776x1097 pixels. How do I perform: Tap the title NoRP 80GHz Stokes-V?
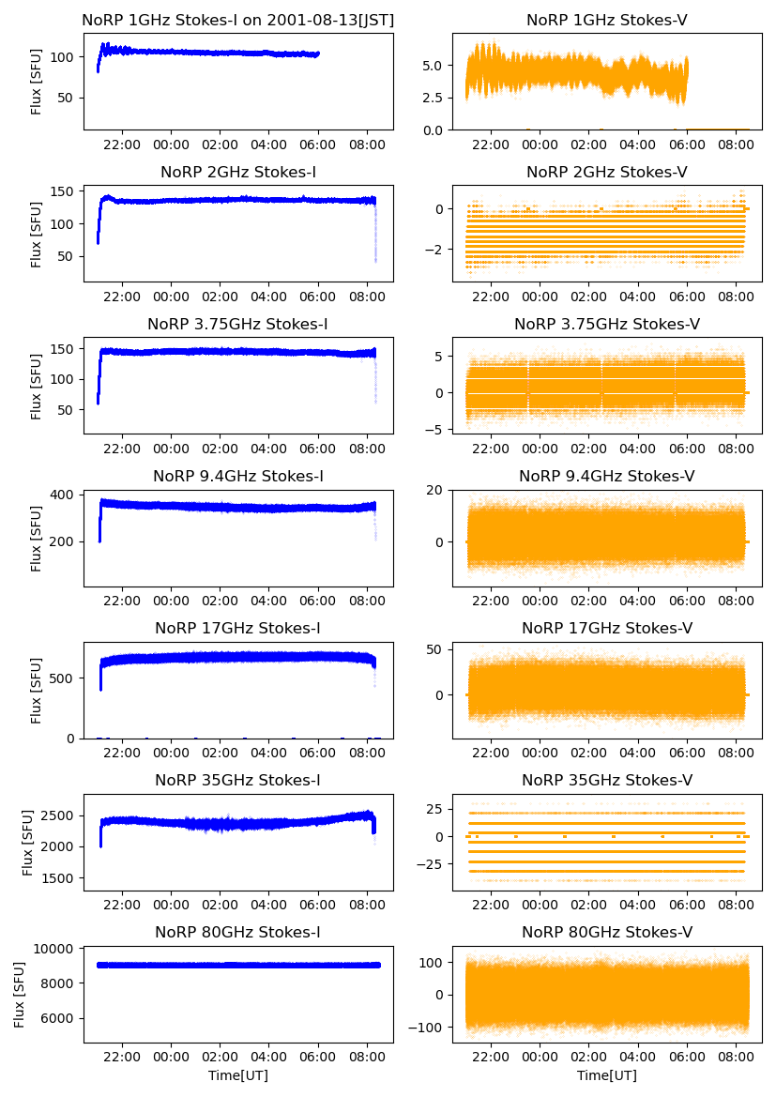point(606,932)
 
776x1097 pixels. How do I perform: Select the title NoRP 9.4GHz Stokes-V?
point(606,477)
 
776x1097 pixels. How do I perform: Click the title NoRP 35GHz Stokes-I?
point(237,780)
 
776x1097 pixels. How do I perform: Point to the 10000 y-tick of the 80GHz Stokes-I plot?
point(57,949)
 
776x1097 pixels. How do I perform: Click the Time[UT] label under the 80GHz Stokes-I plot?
point(237,1075)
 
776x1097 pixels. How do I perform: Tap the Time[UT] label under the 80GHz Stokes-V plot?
point(606,1075)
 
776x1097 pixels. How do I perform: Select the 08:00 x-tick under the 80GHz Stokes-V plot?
point(736,1057)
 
